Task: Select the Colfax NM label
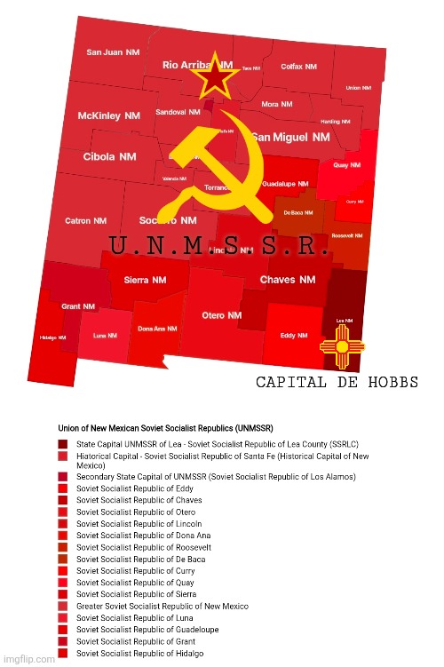pos(297,67)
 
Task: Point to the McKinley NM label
pos(109,116)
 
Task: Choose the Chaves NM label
pos(288,280)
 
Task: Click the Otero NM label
pos(221,315)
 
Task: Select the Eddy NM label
pos(294,336)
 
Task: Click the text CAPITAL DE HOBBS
pos(337,384)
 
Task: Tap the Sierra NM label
pos(145,280)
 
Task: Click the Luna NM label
pos(106,336)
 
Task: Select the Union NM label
pos(359,88)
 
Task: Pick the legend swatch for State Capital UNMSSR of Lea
pos(63,443)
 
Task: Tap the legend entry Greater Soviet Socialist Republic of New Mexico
pos(163,606)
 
